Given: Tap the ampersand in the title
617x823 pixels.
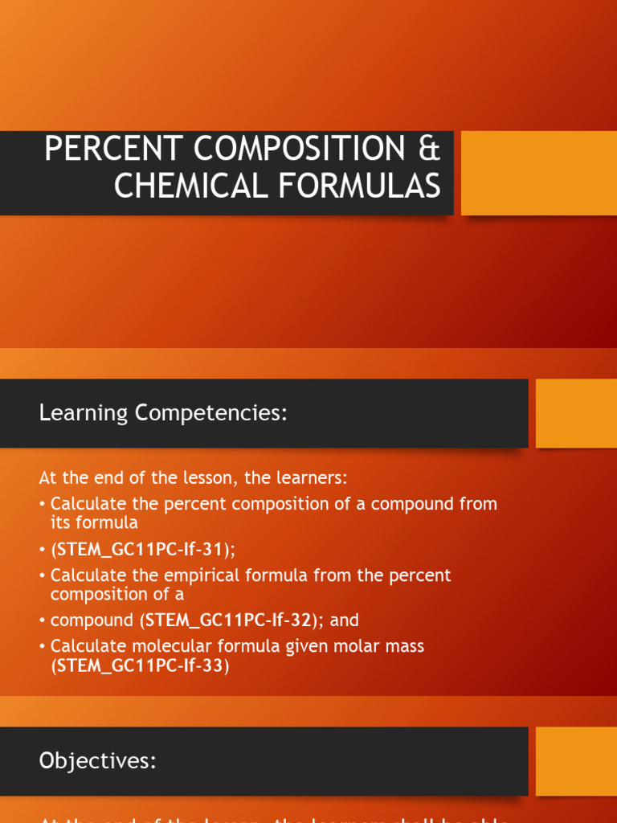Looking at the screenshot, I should pyautogui.click(x=430, y=149).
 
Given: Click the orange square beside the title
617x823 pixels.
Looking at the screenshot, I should pyautogui.click(x=538, y=173).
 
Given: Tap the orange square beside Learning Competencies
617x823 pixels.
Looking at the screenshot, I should pyautogui.click(x=576, y=413).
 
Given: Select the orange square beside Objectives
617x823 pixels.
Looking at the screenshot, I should pyautogui.click(x=576, y=761).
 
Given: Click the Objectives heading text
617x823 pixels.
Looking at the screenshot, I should pyautogui.click(x=97, y=761).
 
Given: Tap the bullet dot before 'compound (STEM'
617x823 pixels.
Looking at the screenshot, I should pyautogui.click(x=43, y=620).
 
